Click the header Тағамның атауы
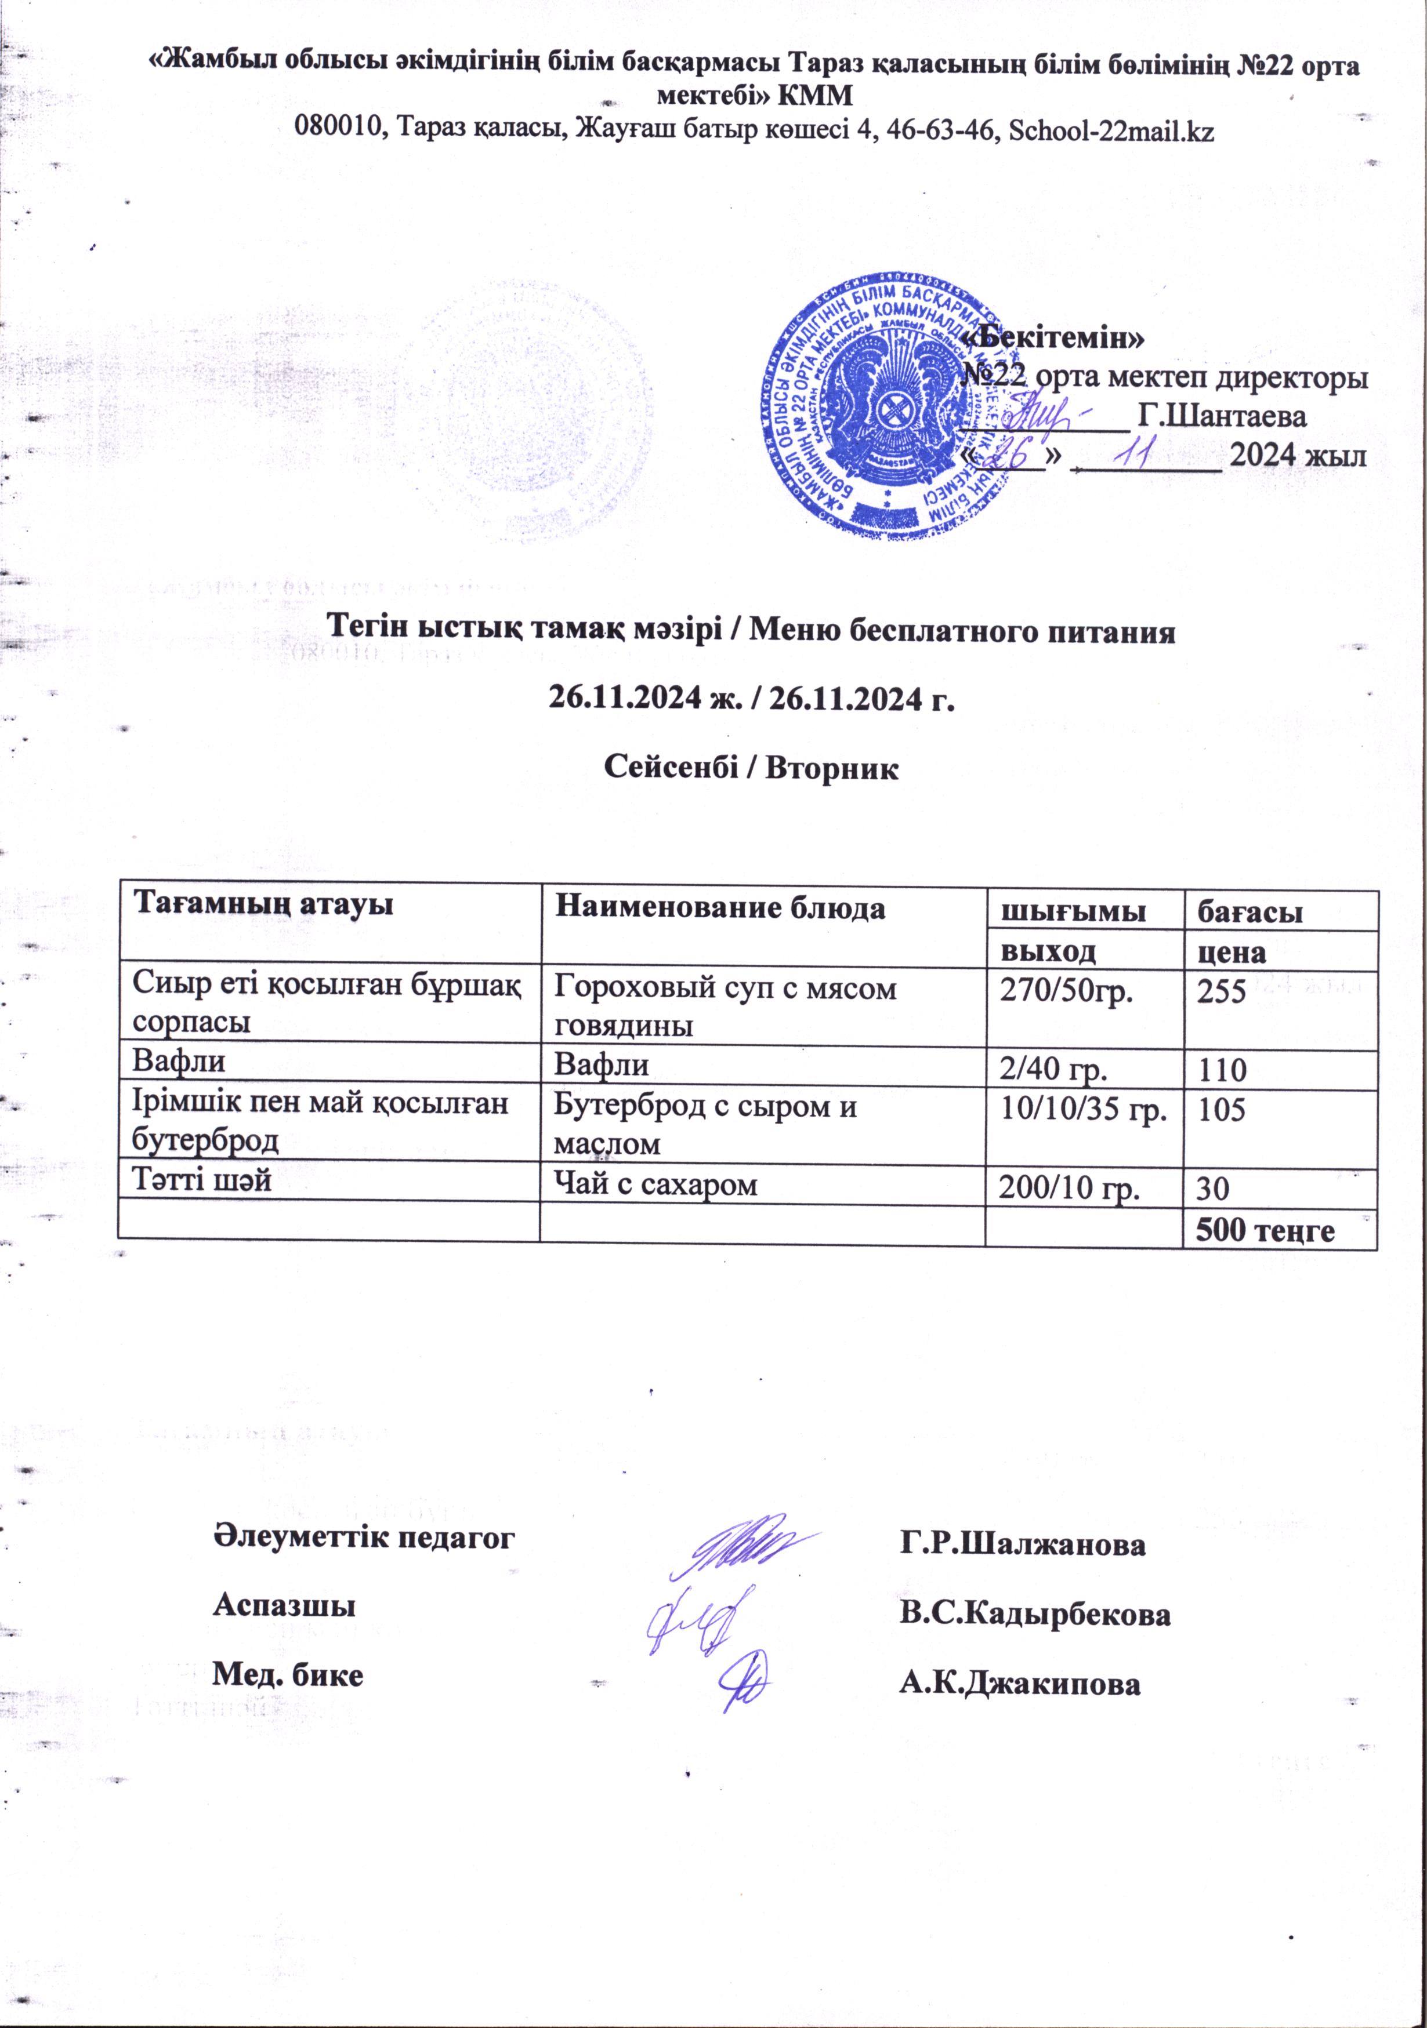(x=263, y=904)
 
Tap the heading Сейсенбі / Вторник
(x=750, y=766)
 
